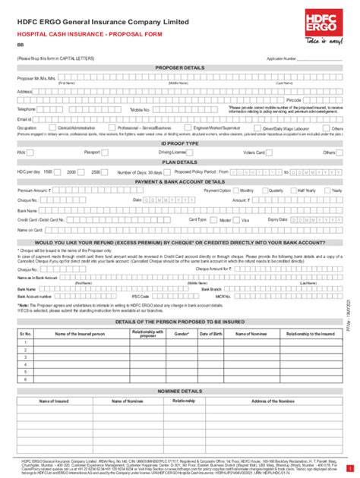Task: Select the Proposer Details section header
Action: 179,67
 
